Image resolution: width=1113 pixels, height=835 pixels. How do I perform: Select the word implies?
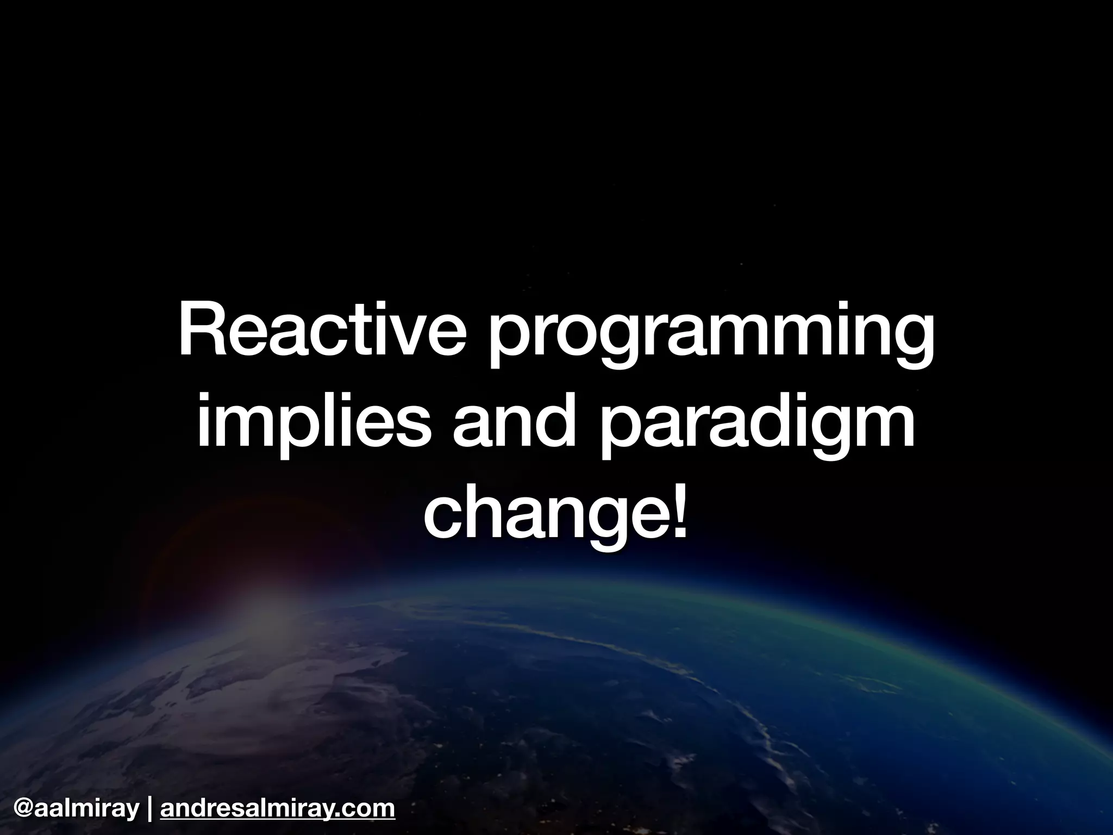[310, 427]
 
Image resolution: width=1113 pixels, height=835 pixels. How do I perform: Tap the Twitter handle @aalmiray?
[76, 808]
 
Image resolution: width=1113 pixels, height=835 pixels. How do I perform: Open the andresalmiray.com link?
[278, 808]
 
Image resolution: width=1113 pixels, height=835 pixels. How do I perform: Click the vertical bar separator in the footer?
[149, 808]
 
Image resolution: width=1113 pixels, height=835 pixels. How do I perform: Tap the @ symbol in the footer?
[24, 808]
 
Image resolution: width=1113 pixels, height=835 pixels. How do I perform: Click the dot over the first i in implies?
[204, 400]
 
